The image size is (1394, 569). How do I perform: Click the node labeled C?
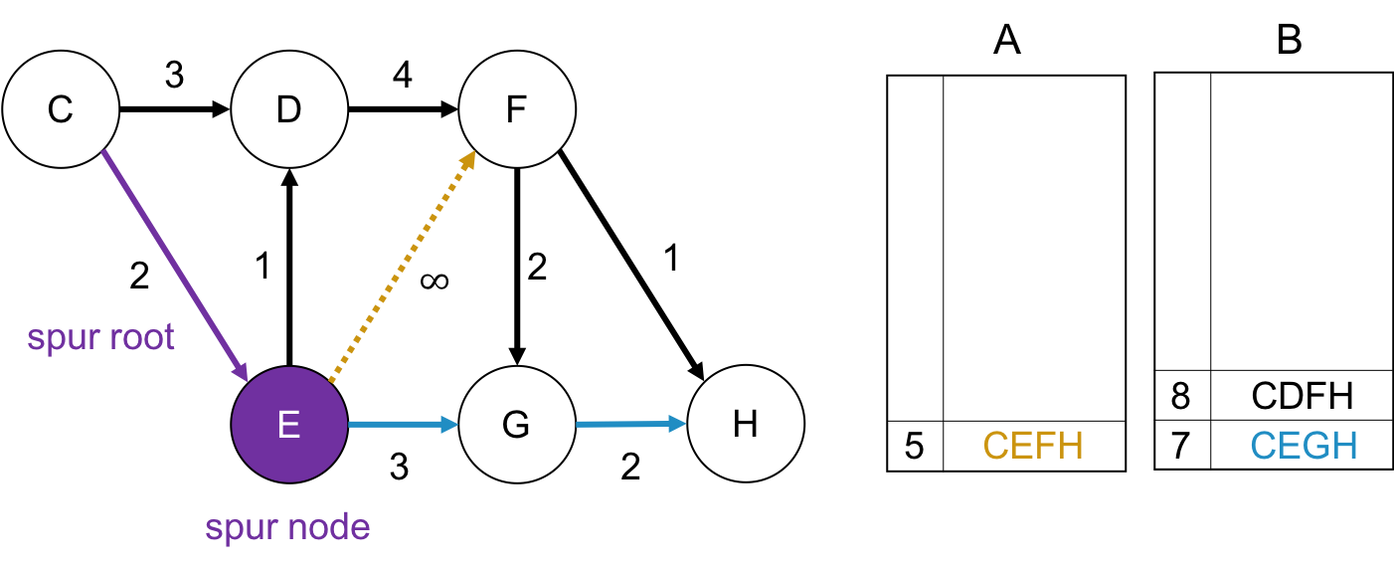coord(61,108)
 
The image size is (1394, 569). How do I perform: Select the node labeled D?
coord(288,108)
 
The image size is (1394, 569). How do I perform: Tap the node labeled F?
coord(516,108)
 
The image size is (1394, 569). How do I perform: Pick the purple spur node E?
coord(288,425)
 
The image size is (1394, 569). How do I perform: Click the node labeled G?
coord(516,425)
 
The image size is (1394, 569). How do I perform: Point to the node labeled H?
coord(745,425)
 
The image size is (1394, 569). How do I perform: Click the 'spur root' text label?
coord(101,338)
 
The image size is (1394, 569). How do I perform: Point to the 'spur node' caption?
coord(287,526)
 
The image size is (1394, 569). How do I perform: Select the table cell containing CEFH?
coord(1033,446)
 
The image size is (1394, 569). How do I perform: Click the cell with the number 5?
coord(915,446)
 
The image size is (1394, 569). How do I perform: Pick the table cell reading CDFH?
coord(1302,396)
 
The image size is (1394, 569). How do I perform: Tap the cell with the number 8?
coord(1181,396)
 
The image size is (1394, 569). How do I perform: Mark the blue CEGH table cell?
coord(1302,445)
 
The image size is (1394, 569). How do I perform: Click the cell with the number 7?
coord(1181,445)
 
